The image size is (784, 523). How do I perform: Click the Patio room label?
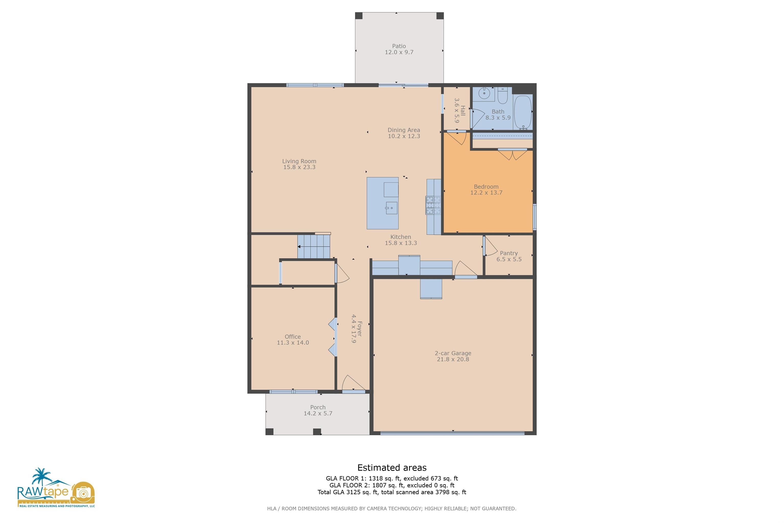pyautogui.click(x=399, y=46)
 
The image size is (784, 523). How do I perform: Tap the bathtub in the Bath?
pyautogui.click(x=523, y=112)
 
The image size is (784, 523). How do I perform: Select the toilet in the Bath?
pyautogui.click(x=502, y=96)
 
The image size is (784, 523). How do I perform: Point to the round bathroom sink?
pyautogui.click(x=484, y=94)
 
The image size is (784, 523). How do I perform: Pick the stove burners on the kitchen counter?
pyautogui.click(x=433, y=205)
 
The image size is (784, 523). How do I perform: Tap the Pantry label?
pyautogui.click(x=509, y=253)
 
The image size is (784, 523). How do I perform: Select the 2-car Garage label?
pyautogui.click(x=453, y=353)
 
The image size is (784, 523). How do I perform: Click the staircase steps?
pyautogui.click(x=314, y=246)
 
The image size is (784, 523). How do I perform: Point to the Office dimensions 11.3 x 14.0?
pyautogui.click(x=293, y=342)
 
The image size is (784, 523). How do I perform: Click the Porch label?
pyautogui.click(x=318, y=407)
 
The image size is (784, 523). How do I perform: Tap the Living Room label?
pyautogui.click(x=299, y=161)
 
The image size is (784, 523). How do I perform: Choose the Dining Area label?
pyautogui.click(x=404, y=130)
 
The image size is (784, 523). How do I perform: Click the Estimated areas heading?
pyautogui.click(x=392, y=468)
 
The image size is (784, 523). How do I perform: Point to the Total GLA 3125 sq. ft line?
pyautogui.click(x=392, y=492)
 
